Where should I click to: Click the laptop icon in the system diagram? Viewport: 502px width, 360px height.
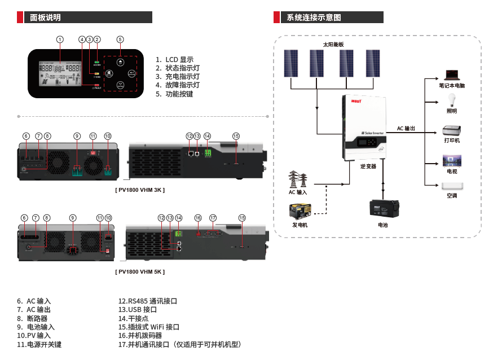[451, 74]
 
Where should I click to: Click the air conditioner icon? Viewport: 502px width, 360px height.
[452, 186]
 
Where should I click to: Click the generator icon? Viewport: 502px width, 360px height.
[300, 212]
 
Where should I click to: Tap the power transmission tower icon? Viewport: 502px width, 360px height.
[298, 179]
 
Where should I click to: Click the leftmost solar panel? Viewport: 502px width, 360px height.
[291, 63]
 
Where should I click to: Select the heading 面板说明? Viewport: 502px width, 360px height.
[46, 17]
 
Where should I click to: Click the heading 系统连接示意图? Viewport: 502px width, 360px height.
[314, 17]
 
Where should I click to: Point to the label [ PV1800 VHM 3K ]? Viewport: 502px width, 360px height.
[140, 190]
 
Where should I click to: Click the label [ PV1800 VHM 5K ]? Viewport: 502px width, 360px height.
[140, 271]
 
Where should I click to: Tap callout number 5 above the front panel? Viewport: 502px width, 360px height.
[120, 39]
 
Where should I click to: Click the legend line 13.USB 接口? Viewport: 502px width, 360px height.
[137, 310]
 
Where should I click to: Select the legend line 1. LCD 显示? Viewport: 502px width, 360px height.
[175, 59]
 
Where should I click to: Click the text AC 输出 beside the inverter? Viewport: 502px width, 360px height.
[406, 129]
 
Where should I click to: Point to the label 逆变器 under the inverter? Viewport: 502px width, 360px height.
[368, 166]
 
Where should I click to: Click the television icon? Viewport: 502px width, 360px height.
[452, 160]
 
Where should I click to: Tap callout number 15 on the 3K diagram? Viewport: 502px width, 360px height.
[236, 136]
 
